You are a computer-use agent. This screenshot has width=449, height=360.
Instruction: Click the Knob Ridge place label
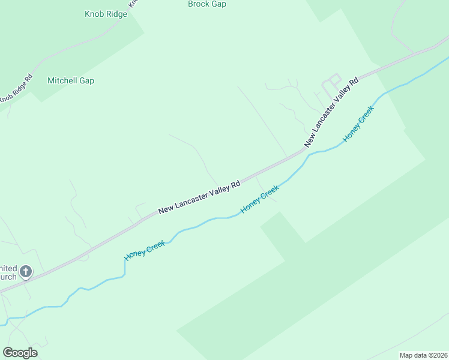(106, 14)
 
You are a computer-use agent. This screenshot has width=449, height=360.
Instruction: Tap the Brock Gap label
(207, 4)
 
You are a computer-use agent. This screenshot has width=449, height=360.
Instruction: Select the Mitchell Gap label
(71, 80)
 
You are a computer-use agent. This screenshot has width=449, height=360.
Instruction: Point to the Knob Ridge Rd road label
(16, 88)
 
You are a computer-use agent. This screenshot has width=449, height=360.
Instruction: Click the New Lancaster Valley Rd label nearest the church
(199, 196)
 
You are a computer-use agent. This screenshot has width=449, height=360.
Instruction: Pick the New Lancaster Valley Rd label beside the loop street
(331, 112)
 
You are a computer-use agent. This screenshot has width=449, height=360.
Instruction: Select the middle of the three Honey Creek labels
(259, 199)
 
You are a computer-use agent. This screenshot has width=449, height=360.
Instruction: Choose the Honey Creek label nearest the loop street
(358, 124)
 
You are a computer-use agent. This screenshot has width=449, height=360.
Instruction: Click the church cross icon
(25, 272)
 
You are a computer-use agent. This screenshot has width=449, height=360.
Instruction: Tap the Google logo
(20, 353)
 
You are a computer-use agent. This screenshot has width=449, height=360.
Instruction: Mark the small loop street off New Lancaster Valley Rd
(331, 83)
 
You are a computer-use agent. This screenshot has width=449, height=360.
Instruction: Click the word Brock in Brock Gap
(198, 4)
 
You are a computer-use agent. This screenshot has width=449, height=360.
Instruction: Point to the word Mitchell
(62, 80)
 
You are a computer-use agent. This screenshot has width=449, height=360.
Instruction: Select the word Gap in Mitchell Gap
(86, 80)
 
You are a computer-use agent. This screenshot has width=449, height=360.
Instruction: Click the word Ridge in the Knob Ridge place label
(115, 14)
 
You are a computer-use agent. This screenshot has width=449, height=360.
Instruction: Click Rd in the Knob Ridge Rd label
(28, 78)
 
